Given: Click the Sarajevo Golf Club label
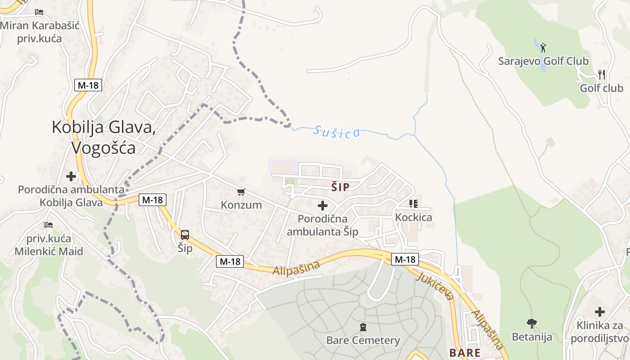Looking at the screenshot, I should [543, 61].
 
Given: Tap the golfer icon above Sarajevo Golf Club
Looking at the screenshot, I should [544, 47].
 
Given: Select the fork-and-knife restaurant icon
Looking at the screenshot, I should [602, 75].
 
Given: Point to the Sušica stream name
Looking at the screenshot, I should [337, 132].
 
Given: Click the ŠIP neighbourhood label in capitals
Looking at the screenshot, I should [340, 187].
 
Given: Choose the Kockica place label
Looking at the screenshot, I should [413, 217].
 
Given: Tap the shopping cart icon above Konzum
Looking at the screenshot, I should [241, 192].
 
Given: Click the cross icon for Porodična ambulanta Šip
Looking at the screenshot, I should [323, 206].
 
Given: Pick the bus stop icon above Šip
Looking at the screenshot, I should [184, 234].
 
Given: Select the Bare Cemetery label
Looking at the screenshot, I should [363, 340].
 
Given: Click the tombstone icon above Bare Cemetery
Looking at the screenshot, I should [363, 327].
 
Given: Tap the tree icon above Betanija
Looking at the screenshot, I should [532, 323].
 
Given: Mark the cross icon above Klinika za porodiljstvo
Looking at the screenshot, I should [599, 311].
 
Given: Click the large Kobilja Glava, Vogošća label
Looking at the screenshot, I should [103, 137].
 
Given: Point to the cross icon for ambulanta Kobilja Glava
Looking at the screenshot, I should [71, 176].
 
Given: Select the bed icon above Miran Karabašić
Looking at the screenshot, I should [39, 12].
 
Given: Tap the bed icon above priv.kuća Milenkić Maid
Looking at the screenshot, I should [49, 225].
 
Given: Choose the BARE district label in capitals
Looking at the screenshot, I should [465, 352].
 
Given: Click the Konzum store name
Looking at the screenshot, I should [241, 205].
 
